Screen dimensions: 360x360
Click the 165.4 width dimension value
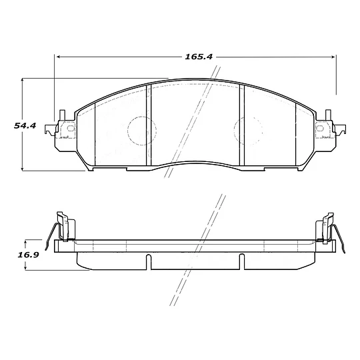point(198,57)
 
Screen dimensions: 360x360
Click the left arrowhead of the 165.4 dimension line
point(58,57)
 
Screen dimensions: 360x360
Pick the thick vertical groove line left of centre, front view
point(148,127)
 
